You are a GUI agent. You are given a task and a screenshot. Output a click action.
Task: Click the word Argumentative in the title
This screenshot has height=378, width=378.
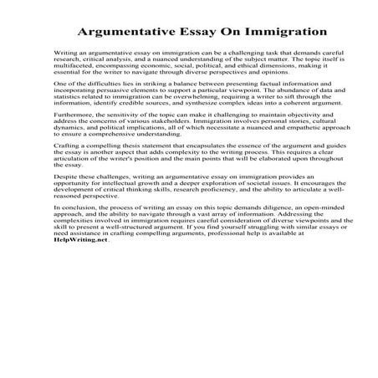[126, 33]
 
